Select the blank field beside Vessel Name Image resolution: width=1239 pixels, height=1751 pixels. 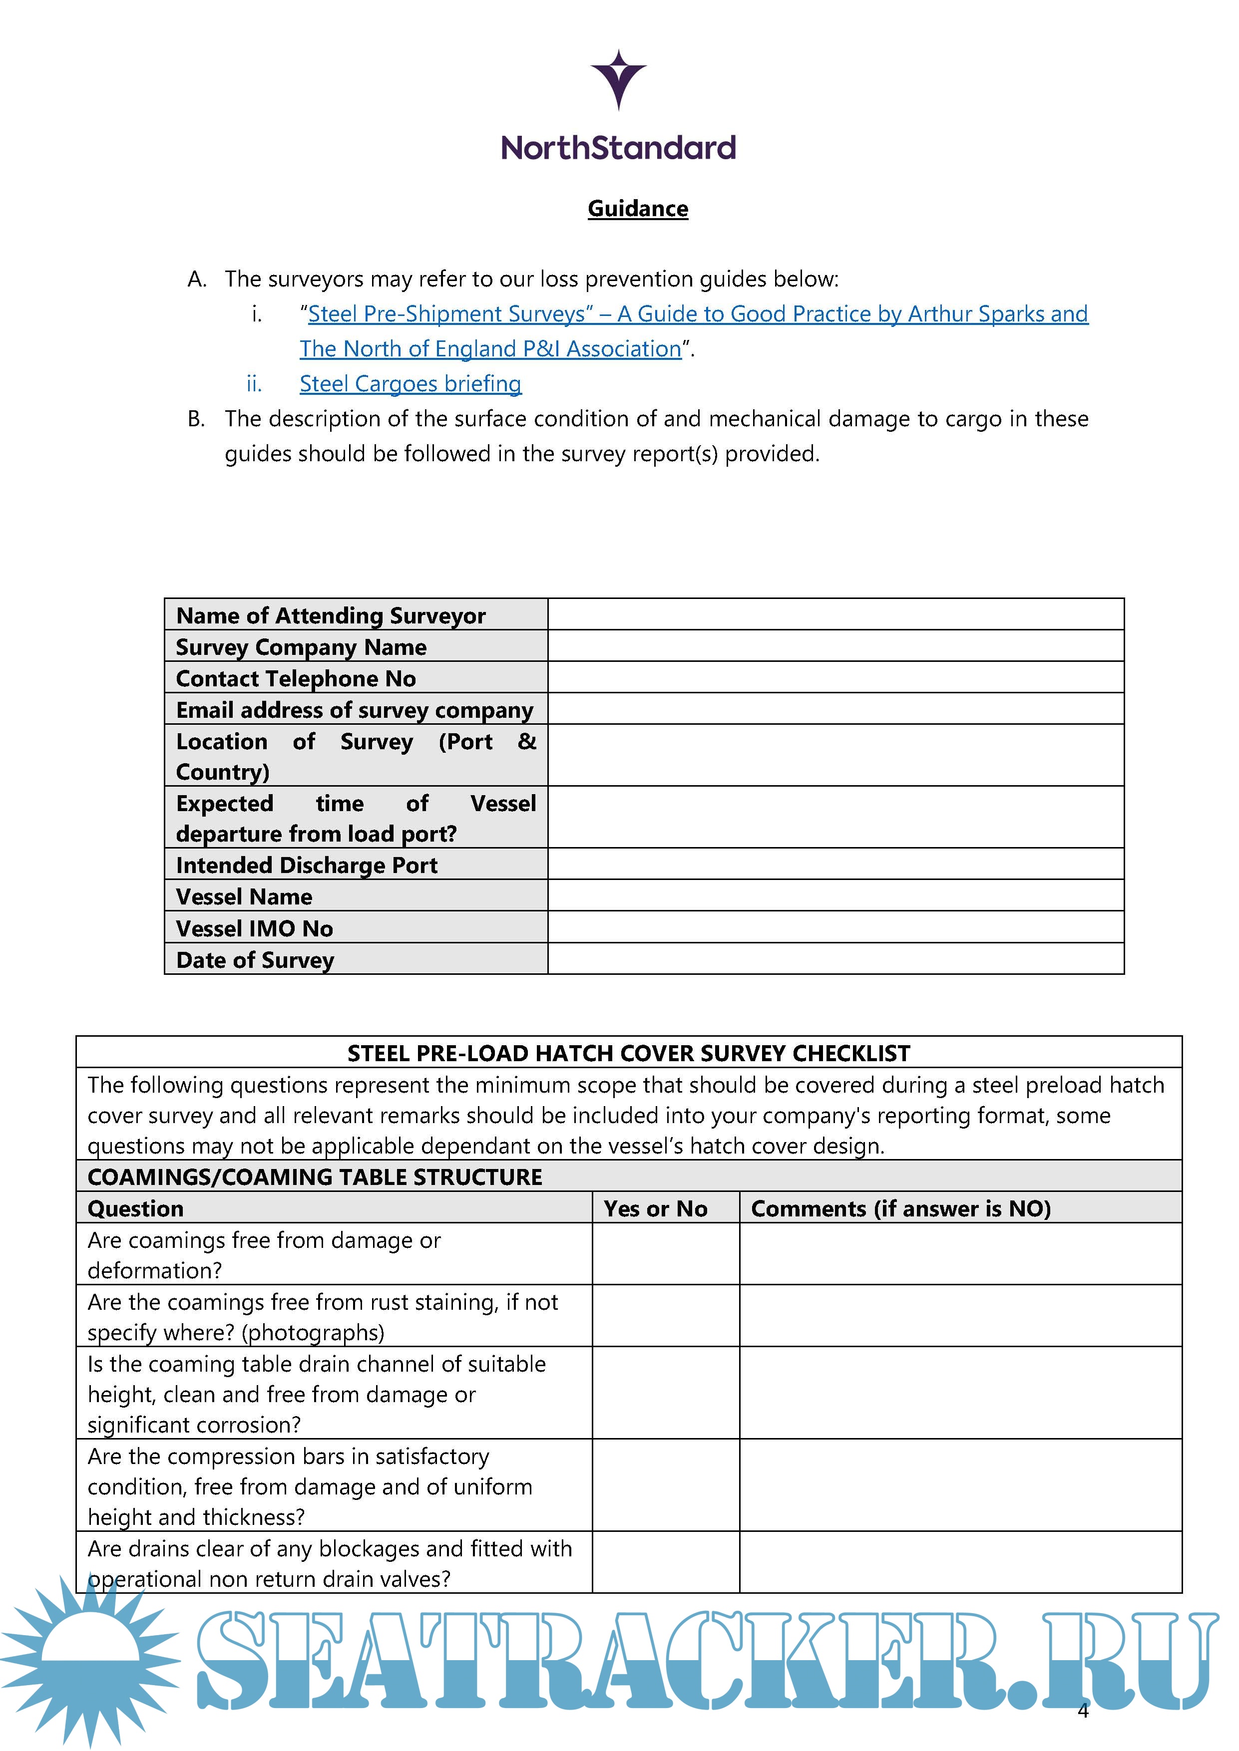click(x=835, y=896)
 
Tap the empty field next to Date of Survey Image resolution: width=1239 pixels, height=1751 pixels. click(x=835, y=959)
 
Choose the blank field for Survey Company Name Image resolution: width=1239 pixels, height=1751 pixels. click(x=835, y=646)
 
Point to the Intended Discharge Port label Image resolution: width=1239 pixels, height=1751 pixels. click(x=307, y=865)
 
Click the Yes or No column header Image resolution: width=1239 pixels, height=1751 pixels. click(x=655, y=1209)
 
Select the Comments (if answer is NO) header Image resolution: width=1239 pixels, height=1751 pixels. click(x=900, y=1209)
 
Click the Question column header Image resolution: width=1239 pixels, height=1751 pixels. click(x=136, y=1209)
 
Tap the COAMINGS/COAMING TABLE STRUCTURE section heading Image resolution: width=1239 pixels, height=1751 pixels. click(x=314, y=1177)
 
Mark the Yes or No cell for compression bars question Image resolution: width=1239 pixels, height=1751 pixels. click(x=665, y=1485)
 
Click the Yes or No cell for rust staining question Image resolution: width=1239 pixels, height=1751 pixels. click(x=665, y=1316)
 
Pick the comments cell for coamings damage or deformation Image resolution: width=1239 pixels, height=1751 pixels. click(x=960, y=1254)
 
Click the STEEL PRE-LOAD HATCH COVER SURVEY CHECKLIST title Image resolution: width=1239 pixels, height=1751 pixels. click(x=629, y=1053)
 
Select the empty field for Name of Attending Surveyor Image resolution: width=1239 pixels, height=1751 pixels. click(x=835, y=614)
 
